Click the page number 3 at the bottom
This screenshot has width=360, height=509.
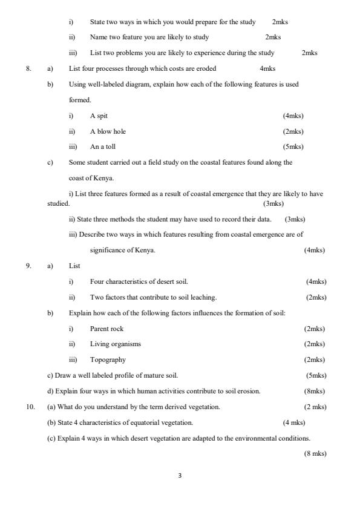point(180,476)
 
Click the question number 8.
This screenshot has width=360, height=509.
point(28,68)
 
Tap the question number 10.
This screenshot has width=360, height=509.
point(30,407)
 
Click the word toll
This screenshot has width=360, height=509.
point(110,147)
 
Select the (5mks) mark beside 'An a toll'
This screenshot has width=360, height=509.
point(293,147)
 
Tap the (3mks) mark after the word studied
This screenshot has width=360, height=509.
point(273,204)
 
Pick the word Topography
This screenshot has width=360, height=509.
point(108,360)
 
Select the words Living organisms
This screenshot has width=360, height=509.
point(116,344)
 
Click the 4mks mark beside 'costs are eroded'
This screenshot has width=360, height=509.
point(267,68)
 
